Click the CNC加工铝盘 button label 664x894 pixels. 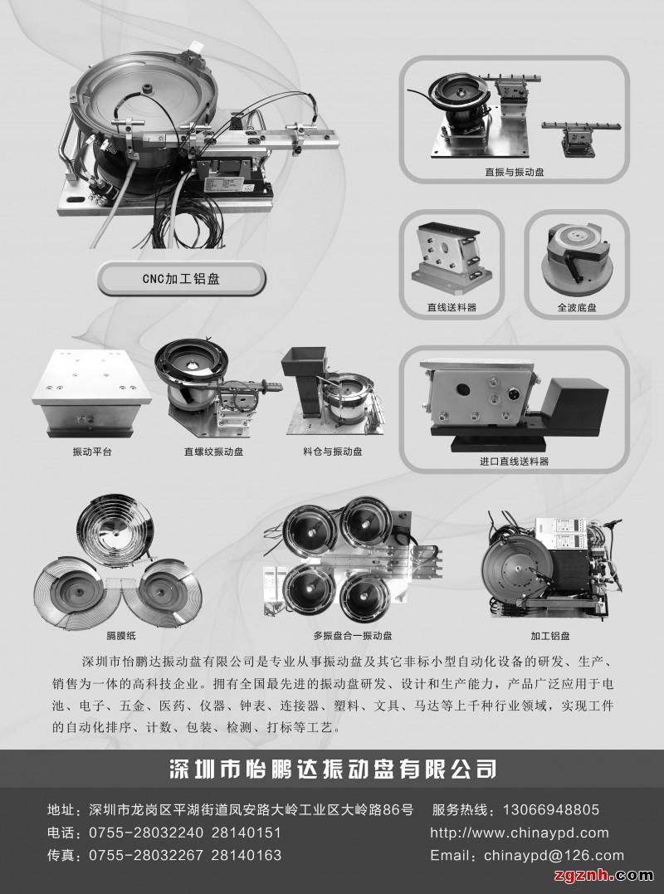pyautogui.click(x=181, y=279)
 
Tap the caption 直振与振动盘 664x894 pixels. pyautogui.click(x=514, y=172)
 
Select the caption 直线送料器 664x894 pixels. pyautogui.click(x=452, y=307)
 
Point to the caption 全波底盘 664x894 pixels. pyautogui.click(x=577, y=307)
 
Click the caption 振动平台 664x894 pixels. pyautogui.click(x=92, y=452)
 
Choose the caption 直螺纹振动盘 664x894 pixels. pyautogui.click(x=214, y=452)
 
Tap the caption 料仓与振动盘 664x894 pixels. pyautogui.click(x=333, y=452)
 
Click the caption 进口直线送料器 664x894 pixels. pyautogui.click(x=514, y=461)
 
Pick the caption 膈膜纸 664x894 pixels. pyautogui.click(x=121, y=635)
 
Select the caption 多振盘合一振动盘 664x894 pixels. pyautogui.click(x=353, y=635)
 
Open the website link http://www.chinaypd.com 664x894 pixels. pyautogui.click(x=520, y=833)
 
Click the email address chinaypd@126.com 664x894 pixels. pyautogui.click(x=554, y=855)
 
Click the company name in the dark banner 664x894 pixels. pyautogui.click(x=333, y=769)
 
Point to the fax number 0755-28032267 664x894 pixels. pyautogui.click(x=146, y=855)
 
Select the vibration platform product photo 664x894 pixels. pyautogui.click(x=91, y=394)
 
